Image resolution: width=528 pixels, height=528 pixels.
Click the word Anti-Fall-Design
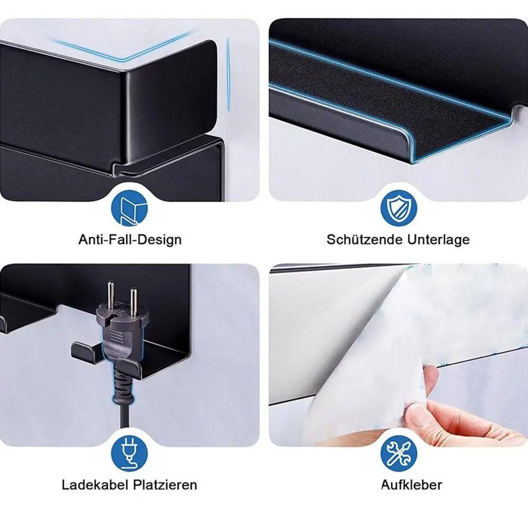point(130,240)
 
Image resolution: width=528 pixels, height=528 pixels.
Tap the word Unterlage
point(438,239)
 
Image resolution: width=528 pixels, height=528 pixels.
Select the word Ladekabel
point(95,485)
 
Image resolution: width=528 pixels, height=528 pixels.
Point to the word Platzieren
point(165,485)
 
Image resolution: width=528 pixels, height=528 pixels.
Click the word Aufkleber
point(411,485)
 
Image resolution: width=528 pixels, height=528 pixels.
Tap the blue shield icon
point(399,208)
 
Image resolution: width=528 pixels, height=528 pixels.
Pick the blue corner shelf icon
point(130,208)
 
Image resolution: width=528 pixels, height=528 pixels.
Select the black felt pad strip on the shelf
point(387,98)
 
